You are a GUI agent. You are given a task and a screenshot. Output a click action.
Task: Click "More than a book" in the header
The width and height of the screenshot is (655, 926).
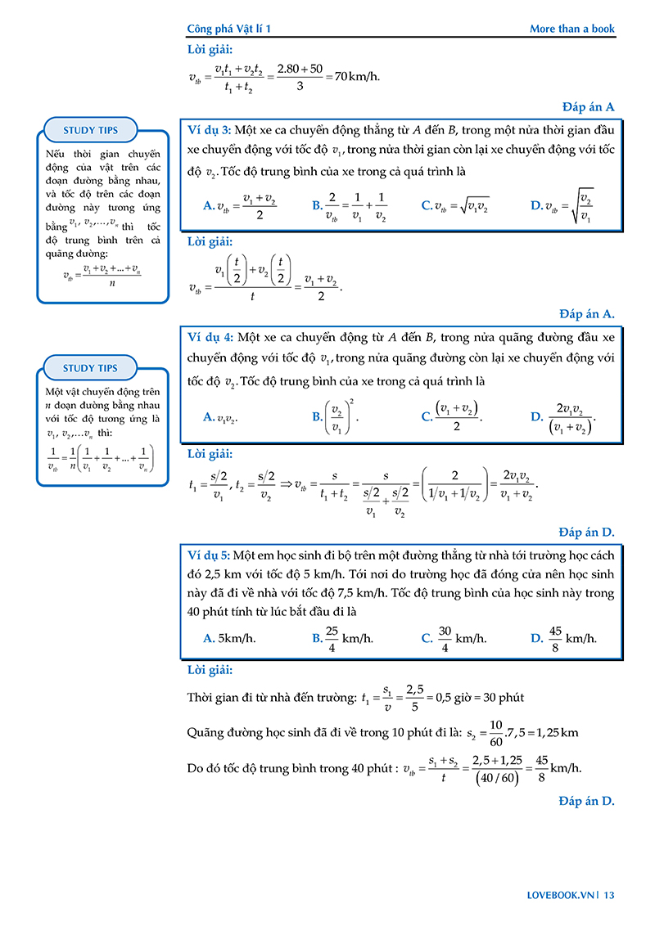(571, 29)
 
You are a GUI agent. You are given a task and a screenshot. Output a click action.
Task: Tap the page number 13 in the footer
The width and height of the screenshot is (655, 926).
(608, 895)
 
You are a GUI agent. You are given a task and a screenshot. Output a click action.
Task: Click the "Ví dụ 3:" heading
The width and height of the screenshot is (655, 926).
(210, 130)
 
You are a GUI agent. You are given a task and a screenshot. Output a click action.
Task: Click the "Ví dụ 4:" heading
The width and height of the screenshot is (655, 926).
(210, 337)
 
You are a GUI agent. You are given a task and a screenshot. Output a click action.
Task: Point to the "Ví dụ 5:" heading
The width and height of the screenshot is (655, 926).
(209, 555)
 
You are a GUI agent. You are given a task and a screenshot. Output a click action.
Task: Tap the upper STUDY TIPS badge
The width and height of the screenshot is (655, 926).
(90, 130)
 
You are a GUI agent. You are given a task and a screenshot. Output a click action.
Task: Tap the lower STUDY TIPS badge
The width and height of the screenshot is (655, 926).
(90, 368)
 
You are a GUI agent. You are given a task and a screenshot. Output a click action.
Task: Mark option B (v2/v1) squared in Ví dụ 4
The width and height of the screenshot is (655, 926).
(336, 416)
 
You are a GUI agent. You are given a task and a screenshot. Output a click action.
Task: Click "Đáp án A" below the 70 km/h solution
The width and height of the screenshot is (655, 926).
(588, 106)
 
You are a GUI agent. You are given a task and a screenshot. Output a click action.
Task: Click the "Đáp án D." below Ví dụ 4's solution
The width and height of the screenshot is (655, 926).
(587, 533)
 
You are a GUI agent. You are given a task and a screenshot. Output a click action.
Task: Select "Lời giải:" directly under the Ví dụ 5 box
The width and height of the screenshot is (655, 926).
(210, 670)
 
